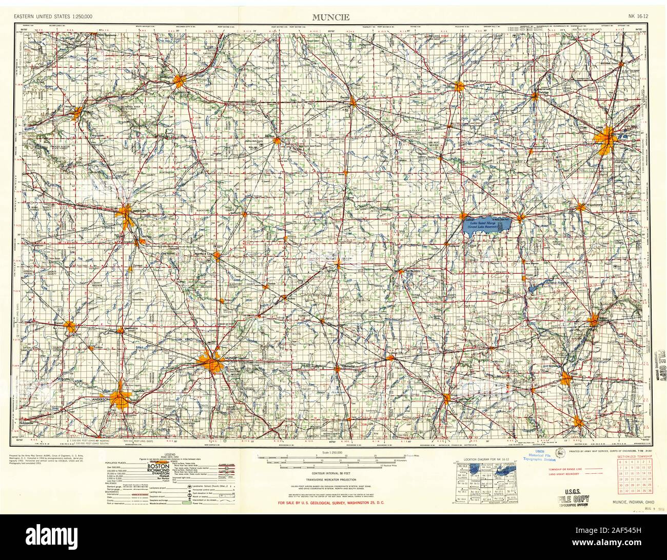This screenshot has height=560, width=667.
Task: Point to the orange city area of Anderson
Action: pyautogui.click(x=121, y=396)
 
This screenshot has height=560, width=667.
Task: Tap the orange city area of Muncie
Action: pyautogui.click(x=212, y=362)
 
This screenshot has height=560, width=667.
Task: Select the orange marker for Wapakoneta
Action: pyautogui.click(x=580, y=207)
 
